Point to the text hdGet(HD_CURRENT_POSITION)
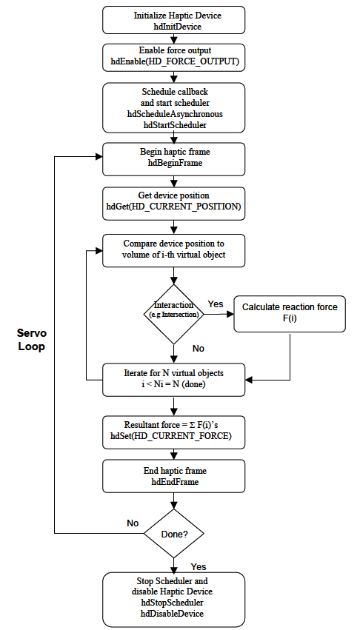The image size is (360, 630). coord(173,207)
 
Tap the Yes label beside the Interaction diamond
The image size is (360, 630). coord(216,304)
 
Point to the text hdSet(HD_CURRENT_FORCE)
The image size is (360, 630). coord(173,437)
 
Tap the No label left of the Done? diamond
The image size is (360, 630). coord(133,523)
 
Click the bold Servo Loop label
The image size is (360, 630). coord(31,340)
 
